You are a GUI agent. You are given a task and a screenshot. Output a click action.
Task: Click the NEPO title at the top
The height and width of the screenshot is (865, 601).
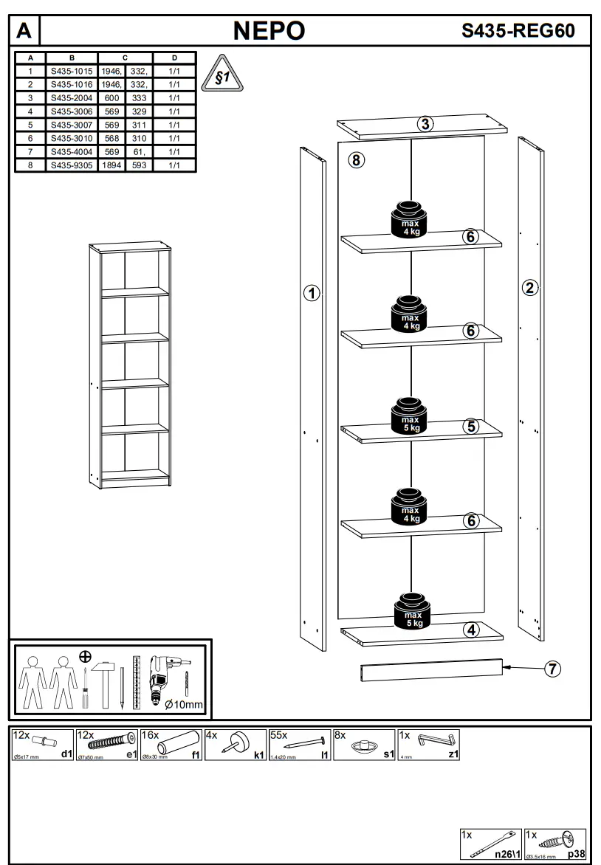pyautogui.click(x=269, y=30)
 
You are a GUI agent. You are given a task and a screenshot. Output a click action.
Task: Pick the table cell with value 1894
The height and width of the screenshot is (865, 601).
pyautogui.click(x=112, y=165)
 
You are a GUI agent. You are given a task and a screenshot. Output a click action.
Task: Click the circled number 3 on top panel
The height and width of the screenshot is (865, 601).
pyautogui.click(x=425, y=124)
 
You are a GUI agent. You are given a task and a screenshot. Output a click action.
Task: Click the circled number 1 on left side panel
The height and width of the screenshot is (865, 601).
pyautogui.click(x=312, y=294)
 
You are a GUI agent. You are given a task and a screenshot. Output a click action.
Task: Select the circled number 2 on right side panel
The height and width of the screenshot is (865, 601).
pyautogui.click(x=529, y=288)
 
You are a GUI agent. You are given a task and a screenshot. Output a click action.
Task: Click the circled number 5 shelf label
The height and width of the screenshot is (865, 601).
pyautogui.click(x=471, y=426)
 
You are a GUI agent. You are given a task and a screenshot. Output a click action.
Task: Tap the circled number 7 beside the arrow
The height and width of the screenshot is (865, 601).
pyautogui.click(x=552, y=669)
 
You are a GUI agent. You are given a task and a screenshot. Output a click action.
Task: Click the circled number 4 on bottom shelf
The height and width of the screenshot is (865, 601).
pyautogui.click(x=471, y=630)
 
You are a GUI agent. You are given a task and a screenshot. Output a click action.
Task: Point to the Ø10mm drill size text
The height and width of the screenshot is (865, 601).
pyautogui.click(x=183, y=705)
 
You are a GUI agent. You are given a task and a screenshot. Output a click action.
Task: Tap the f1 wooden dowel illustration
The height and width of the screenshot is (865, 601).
pyautogui.click(x=179, y=741)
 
